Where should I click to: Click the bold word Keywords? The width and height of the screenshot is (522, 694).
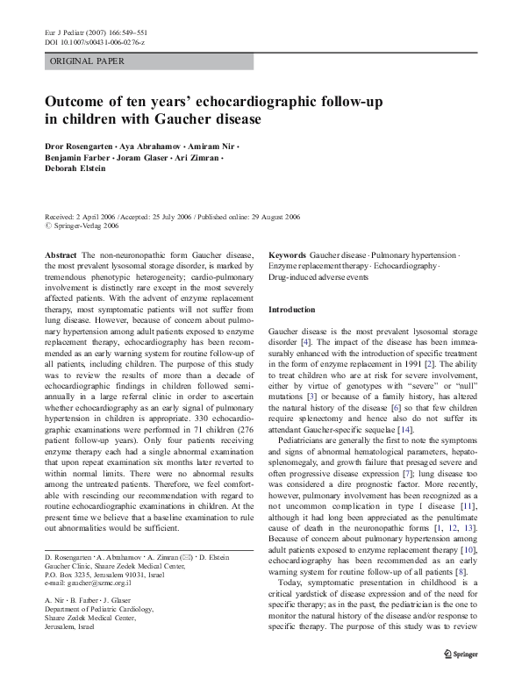tap(287, 254)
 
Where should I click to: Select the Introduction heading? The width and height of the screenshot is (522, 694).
tap(291, 310)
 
